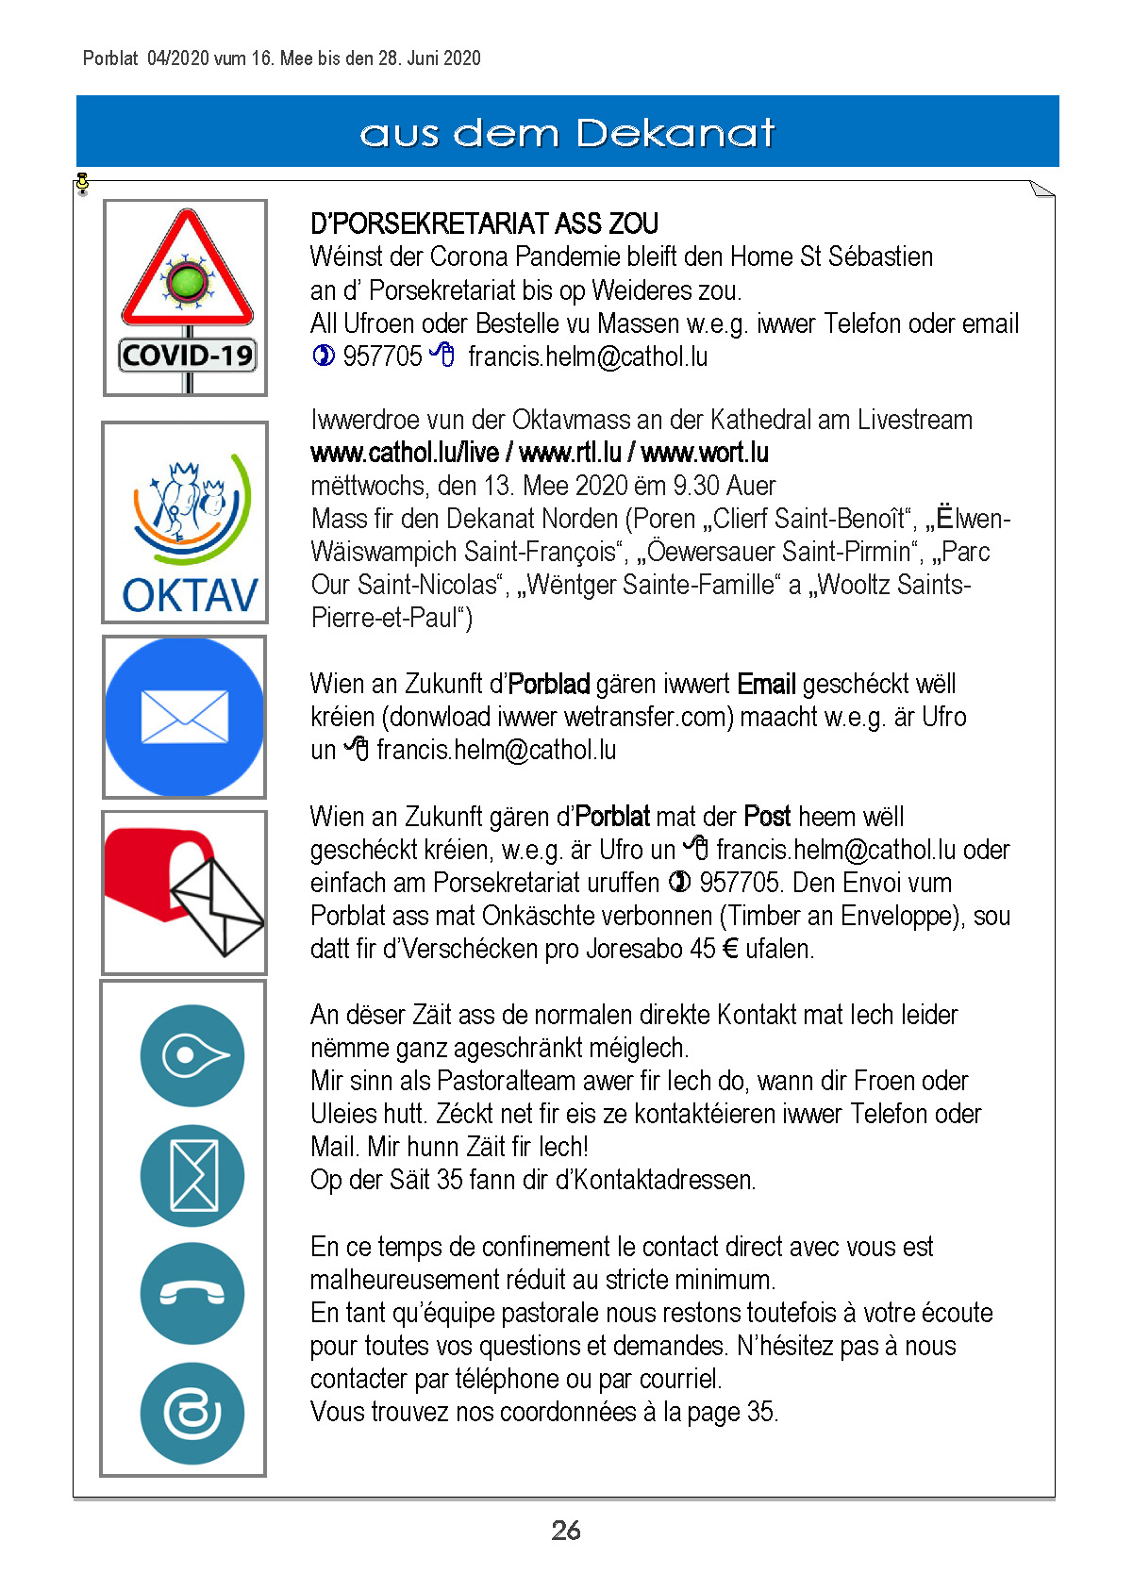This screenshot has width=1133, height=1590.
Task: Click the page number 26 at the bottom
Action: [566, 1531]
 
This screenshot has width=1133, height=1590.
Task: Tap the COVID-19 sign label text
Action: [188, 356]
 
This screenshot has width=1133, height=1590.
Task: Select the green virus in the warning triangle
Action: [187, 281]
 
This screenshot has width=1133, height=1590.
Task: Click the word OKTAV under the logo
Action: [190, 596]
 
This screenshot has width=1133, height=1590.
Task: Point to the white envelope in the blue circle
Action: [184, 717]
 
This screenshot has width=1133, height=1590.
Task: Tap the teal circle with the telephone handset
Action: [192, 1294]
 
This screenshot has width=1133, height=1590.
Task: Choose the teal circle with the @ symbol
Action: [192, 1413]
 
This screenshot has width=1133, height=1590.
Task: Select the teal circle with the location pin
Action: [192, 1055]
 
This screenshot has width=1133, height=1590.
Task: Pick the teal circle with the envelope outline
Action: [192, 1175]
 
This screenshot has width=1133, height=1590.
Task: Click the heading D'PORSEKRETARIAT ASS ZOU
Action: [484, 224]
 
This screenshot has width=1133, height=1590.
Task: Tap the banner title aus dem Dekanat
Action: [567, 133]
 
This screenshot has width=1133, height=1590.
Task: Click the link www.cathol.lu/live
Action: [404, 454]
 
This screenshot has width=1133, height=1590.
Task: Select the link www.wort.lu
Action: [705, 454]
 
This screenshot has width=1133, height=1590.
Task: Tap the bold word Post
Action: [767, 817]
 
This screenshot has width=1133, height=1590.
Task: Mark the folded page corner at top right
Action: [1041, 189]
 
